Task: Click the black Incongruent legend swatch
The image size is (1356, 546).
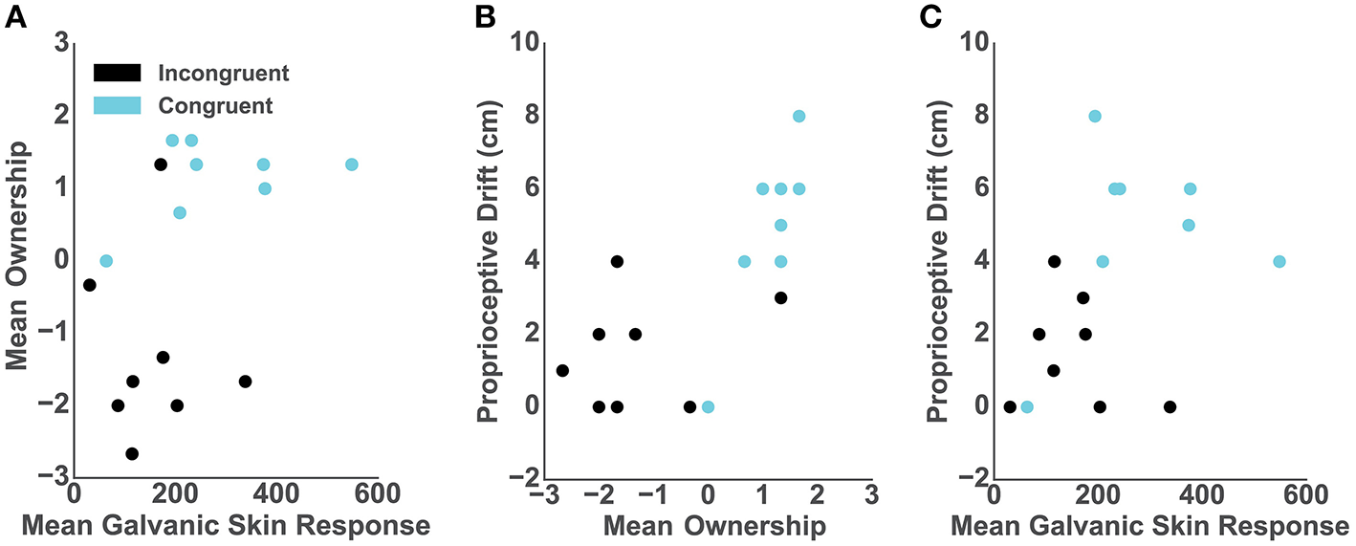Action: click(x=117, y=73)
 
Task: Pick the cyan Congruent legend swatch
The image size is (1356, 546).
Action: click(x=117, y=104)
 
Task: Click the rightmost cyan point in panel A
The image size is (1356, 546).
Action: click(x=352, y=164)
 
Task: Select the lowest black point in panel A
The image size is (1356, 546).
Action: click(x=132, y=453)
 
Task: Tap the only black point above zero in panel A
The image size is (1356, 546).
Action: click(x=161, y=164)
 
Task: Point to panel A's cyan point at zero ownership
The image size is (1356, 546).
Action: click(x=106, y=261)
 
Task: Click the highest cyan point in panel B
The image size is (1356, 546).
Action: click(x=798, y=117)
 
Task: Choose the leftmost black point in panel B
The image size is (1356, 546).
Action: click(x=562, y=370)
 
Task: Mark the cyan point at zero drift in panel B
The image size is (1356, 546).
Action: click(x=708, y=406)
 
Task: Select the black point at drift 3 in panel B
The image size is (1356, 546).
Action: click(x=780, y=297)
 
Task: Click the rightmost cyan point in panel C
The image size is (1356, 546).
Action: click(x=1279, y=261)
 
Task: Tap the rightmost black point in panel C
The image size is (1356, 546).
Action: click(x=1170, y=406)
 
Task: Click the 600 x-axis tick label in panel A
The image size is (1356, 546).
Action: click(x=378, y=497)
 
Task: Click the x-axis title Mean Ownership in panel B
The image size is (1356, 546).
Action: click(x=708, y=526)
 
